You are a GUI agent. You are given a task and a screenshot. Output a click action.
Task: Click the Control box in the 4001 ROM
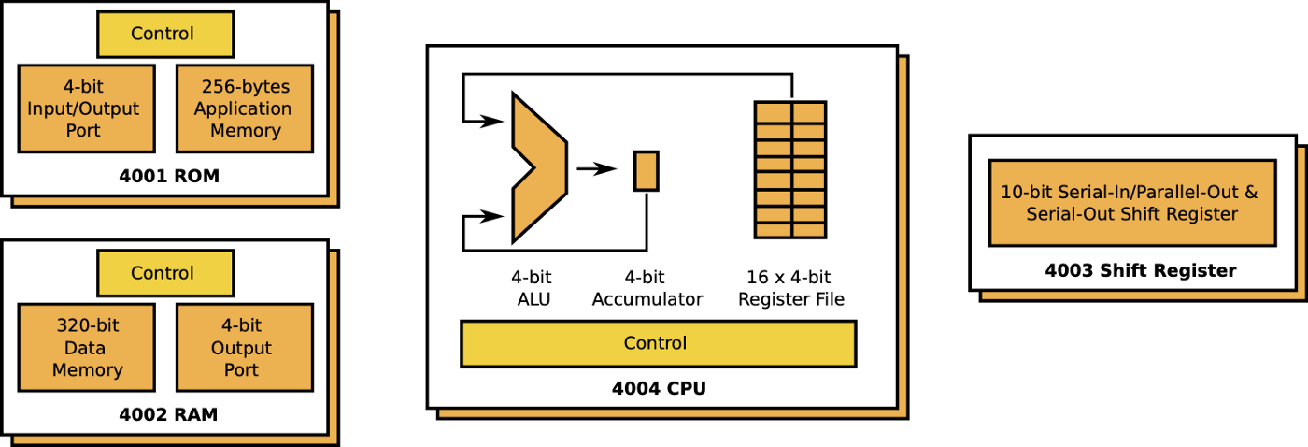coord(165,35)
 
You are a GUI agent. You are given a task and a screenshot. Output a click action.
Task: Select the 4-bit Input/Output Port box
coord(86,108)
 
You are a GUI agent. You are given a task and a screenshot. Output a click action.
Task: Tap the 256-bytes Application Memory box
coord(244,108)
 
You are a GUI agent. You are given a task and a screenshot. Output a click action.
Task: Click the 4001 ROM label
coord(169,176)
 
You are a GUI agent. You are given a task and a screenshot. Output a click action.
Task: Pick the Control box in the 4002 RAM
coord(165,274)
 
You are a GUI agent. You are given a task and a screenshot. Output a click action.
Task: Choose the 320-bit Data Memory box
coord(86,348)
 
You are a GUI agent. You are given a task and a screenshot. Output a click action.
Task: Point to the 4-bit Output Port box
coord(244,348)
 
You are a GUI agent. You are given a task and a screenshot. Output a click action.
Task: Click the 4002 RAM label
coord(168,414)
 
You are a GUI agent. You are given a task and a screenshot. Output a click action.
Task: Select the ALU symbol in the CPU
coord(537,168)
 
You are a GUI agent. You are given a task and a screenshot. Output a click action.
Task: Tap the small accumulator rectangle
coord(647,171)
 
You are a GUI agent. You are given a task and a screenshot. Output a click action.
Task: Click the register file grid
coord(790,169)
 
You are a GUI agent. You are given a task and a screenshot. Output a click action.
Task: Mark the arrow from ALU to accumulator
coord(597,169)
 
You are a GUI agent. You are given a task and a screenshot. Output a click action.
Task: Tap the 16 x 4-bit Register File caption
coord(790,288)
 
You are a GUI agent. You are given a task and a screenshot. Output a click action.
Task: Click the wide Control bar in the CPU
coord(658,343)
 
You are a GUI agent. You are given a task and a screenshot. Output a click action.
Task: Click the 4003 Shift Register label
coord(1140,271)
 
